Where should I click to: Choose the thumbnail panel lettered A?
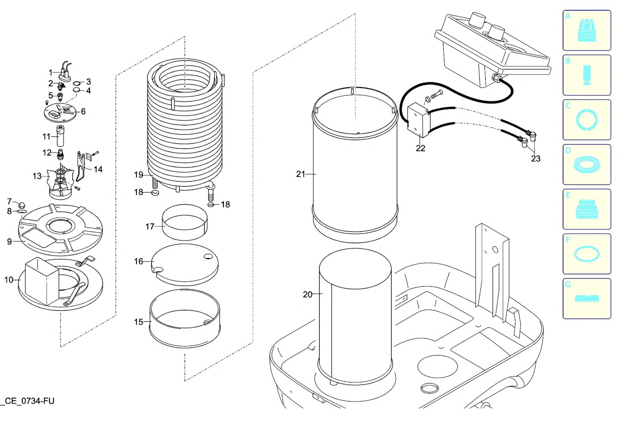(587, 30)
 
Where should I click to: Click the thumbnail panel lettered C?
(587, 120)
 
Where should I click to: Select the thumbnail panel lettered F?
(587, 254)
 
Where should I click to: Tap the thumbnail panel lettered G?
(587, 299)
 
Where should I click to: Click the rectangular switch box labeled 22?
(418, 121)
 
